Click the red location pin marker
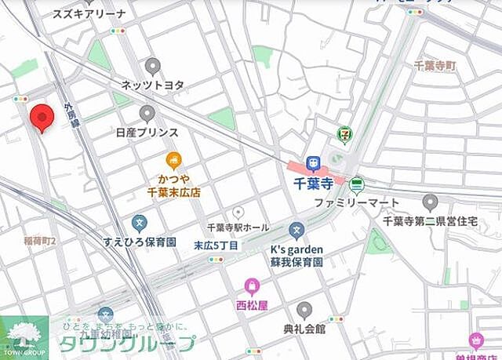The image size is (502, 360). coord(41,118)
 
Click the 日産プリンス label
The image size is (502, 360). coord(147,133)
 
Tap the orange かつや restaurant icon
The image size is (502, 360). coord(174,160)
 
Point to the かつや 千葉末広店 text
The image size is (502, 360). coord(174,185)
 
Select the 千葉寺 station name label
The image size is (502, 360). coord(315,183)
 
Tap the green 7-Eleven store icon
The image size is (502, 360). coord(343,135)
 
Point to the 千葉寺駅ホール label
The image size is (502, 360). coord(238,228)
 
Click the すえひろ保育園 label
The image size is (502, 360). coord(139,242)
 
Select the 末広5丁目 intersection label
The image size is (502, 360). coord(215,245)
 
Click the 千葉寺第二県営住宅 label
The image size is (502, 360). coord(441,222)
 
